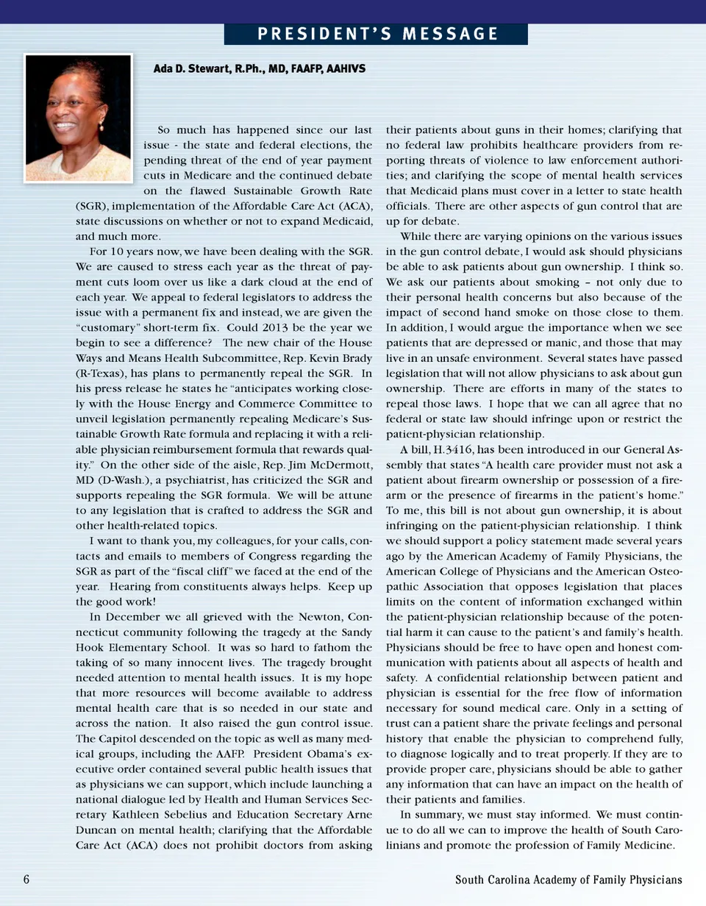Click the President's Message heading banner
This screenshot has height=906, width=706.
coord(376,35)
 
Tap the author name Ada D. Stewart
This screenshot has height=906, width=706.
coord(192,69)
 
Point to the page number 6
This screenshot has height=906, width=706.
coord(26,880)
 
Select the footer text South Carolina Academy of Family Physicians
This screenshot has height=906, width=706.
coord(568,880)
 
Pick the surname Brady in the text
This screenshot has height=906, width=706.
coord(354,358)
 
